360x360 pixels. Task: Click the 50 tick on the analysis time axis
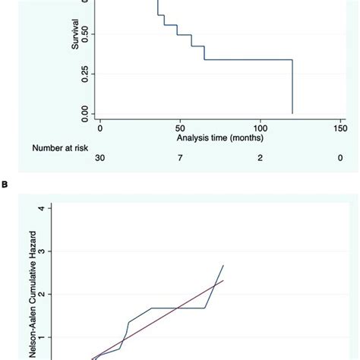click(x=180, y=128)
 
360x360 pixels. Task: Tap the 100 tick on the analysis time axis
click(x=260, y=128)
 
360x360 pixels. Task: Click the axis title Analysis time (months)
click(x=219, y=138)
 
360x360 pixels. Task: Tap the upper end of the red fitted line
click(x=223, y=280)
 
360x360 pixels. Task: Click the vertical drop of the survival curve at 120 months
click(x=292, y=87)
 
